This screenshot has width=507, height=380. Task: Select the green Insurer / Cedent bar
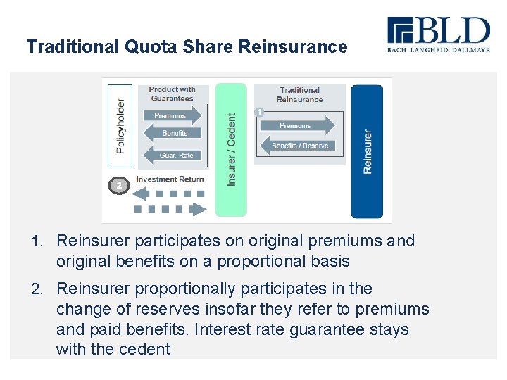(x=231, y=150)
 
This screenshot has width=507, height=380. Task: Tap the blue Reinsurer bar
(x=367, y=151)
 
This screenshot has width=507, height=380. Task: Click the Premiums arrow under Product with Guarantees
(x=173, y=115)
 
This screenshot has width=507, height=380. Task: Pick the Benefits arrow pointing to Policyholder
(x=173, y=133)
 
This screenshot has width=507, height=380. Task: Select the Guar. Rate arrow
(x=173, y=155)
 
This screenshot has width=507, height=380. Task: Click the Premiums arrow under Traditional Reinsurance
(x=296, y=126)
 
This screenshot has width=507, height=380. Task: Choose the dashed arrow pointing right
(x=170, y=209)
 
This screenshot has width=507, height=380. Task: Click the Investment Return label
(x=170, y=179)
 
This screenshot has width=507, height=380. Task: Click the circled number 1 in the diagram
(x=259, y=112)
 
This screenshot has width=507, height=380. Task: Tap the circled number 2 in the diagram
(x=120, y=185)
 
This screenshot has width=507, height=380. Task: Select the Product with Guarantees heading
(x=173, y=94)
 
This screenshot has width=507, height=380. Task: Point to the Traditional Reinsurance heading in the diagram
(x=299, y=94)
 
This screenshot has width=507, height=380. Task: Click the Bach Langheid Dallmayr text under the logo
(x=438, y=50)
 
